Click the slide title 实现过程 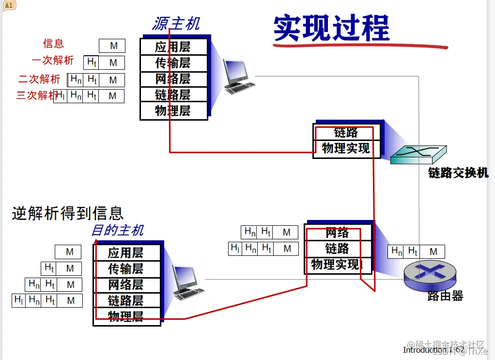331,28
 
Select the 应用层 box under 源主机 173,47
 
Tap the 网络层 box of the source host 173,79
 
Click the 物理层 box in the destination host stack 126,317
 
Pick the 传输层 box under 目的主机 126,269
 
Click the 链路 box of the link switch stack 346,133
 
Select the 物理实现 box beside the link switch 346,148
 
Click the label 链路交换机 458,172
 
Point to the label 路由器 445,296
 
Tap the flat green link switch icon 418,154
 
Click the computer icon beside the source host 237,76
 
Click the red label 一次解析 53,60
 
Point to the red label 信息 53,44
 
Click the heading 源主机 176,23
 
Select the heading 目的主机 118,230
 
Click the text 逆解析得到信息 68,213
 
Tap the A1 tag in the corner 9,5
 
